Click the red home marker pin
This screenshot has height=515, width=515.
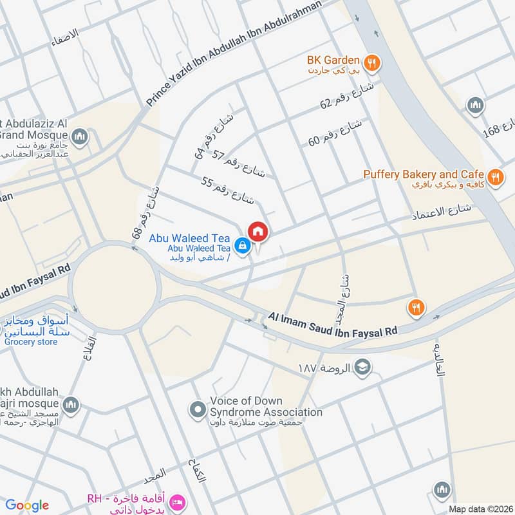coord(258,232)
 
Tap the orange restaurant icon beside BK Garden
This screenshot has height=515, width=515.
coord(371,63)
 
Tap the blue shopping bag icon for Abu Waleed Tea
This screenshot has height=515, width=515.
coord(242,245)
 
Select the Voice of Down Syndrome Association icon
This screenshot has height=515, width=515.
coord(197,409)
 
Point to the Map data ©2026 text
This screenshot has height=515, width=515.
coord(480,509)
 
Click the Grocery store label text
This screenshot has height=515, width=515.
coord(31,342)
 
